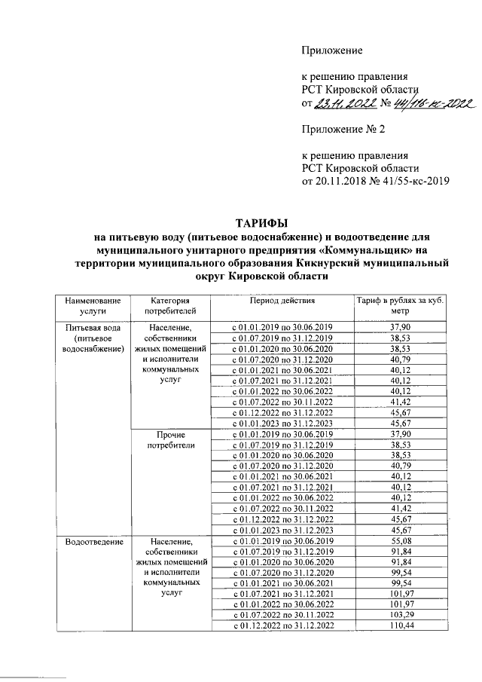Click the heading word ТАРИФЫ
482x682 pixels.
pyautogui.click(x=261, y=224)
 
